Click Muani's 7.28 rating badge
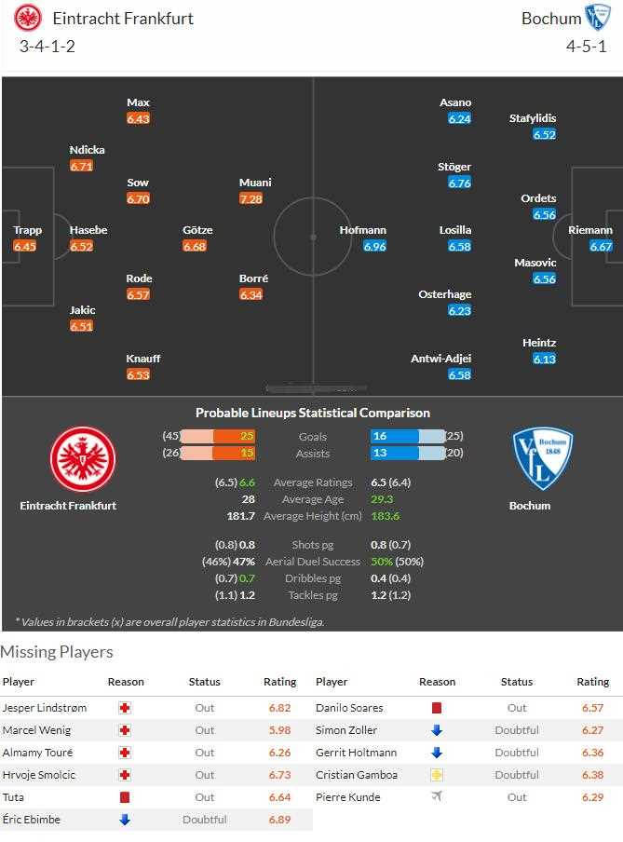coord(251,198)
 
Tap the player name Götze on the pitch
coord(197,230)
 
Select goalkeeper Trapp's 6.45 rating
coord(24,247)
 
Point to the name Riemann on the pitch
coord(590,230)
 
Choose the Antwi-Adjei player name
coord(440,359)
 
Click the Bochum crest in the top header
coord(597,18)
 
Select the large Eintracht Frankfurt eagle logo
coord(82,458)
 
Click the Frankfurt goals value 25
coord(247,436)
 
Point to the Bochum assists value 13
coord(380,454)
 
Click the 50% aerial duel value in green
coord(382,562)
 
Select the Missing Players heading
coord(57,652)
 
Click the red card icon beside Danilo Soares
coord(436,708)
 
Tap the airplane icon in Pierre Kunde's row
coord(436,797)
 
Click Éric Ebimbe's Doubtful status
coord(204,820)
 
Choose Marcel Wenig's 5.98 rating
coord(279,730)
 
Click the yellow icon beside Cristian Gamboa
coord(436,775)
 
